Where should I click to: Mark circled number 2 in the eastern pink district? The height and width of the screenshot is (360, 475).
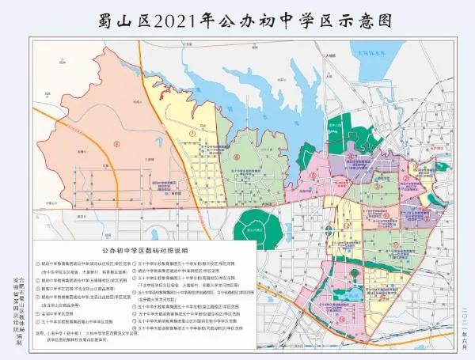pyautogui.click(x=405, y=179)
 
